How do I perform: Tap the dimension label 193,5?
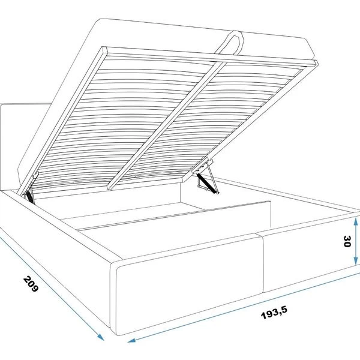[x=274, y=313]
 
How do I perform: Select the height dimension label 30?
[x=347, y=241]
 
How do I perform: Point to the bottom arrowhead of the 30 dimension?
[x=355, y=260]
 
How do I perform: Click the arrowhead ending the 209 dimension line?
[x=101, y=337]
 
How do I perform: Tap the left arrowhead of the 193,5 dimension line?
[x=132, y=340]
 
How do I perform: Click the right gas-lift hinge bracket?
[x=205, y=176]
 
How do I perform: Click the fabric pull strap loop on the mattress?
[x=230, y=43]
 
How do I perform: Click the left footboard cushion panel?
[x=189, y=284]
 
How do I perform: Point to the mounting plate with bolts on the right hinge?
[x=202, y=166]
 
